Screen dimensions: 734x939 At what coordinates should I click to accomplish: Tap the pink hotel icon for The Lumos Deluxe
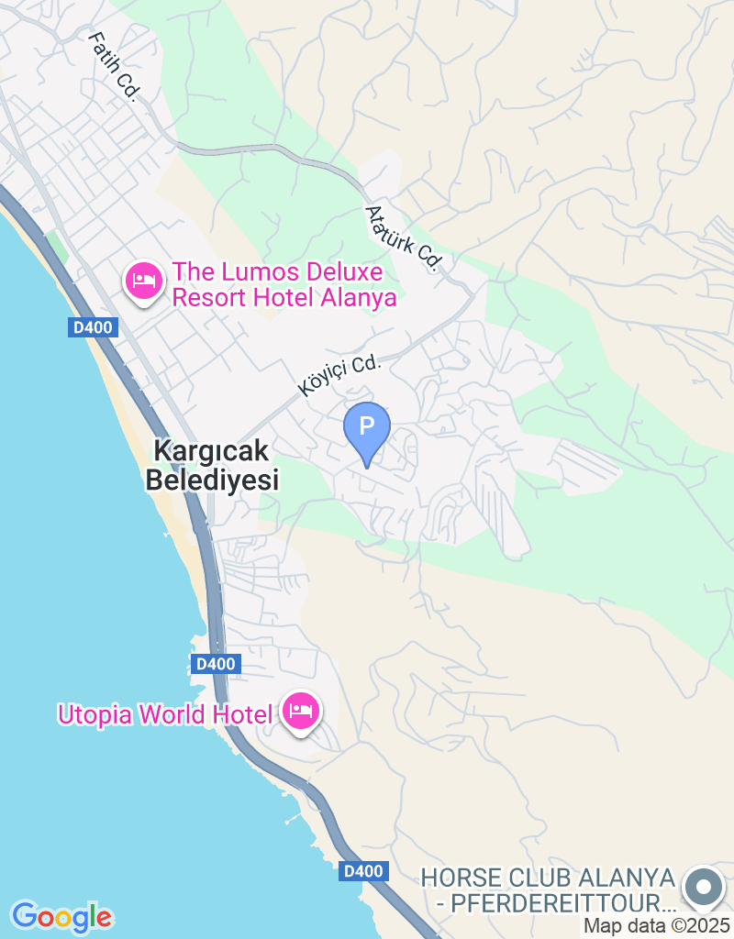tap(144, 280)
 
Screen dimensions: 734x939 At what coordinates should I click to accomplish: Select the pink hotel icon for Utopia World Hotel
tap(301, 711)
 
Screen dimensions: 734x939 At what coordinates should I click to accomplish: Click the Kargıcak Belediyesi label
tap(212, 465)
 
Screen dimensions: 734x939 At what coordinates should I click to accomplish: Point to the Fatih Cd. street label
tap(114, 66)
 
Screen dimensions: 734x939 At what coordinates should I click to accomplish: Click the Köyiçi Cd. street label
tap(339, 376)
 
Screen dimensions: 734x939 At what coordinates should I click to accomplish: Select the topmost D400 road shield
tap(93, 327)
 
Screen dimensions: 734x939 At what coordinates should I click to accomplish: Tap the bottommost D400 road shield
tap(362, 871)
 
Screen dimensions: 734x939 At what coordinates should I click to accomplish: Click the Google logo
tap(62, 916)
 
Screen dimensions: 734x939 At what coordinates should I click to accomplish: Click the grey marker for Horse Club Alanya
tap(705, 887)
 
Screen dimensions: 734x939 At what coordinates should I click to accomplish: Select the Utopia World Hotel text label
tap(165, 714)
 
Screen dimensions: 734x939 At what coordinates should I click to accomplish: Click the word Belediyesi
tap(212, 480)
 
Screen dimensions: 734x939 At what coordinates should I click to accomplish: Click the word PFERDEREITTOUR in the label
tap(556, 903)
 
